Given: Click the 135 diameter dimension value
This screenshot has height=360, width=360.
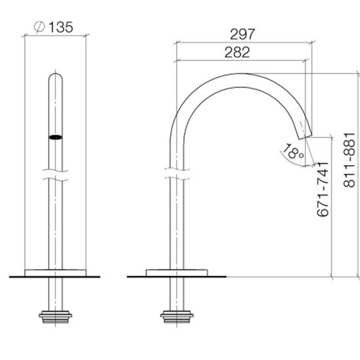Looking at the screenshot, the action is (x=61, y=27).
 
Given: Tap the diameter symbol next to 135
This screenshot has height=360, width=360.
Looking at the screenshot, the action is (x=39, y=27).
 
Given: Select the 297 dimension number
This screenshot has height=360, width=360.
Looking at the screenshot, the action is (x=242, y=34).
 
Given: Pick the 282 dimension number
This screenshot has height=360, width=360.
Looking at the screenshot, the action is (x=237, y=52).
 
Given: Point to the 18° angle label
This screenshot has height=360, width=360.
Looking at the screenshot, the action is (x=293, y=151).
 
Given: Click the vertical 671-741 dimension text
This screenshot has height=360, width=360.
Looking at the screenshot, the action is (x=323, y=189).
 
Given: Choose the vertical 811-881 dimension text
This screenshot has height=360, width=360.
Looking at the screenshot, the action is (x=349, y=160).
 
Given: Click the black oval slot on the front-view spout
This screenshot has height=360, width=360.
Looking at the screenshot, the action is (x=55, y=137).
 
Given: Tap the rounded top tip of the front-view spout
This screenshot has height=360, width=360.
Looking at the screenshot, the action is (x=56, y=74).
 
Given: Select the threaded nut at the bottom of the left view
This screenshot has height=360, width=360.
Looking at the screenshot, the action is (x=55, y=317).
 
